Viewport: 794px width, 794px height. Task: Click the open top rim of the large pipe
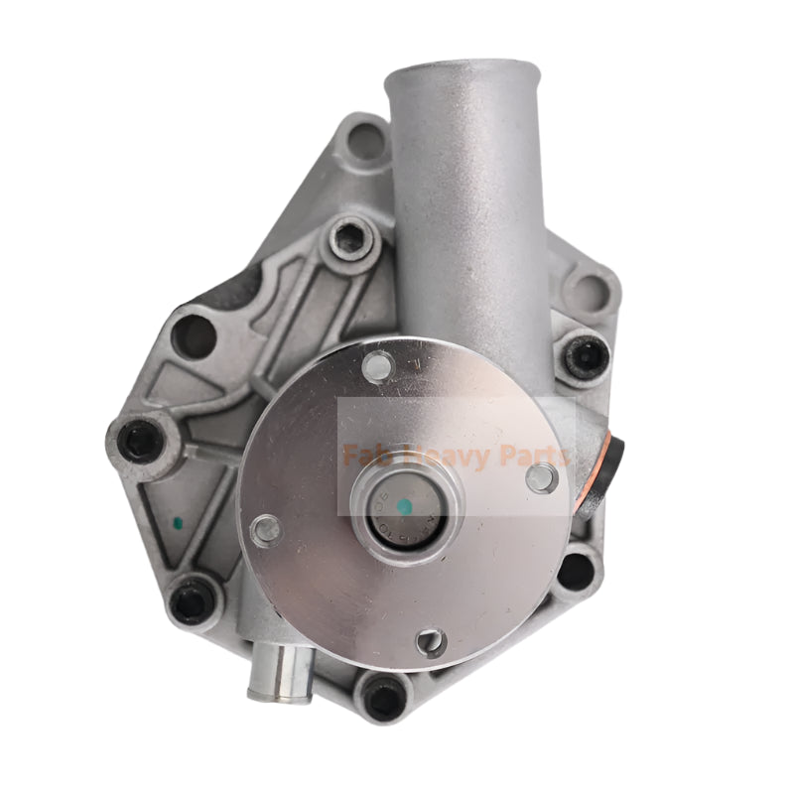click(463, 71)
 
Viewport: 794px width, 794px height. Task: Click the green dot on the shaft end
click(404, 507)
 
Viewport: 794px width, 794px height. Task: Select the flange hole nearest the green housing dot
click(265, 529)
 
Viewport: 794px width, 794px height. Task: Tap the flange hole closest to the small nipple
click(430, 643)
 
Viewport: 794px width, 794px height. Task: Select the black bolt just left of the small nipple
click(193, 599)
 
